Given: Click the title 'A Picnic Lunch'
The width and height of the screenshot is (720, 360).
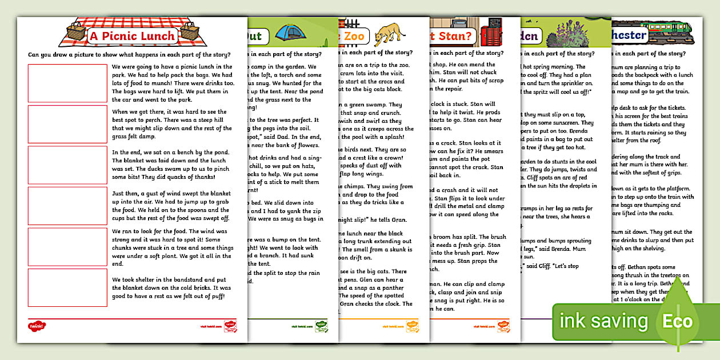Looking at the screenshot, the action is pos(132,36).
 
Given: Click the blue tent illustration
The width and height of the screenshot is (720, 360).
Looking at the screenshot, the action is pos(289,33).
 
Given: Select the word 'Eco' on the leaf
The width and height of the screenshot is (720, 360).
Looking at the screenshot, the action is pos(677,321).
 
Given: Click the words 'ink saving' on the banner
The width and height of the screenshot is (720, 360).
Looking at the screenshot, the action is pos(603,321).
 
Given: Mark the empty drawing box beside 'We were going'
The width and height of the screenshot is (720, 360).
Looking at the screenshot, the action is pos(67,83).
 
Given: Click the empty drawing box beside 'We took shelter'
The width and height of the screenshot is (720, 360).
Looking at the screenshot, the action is pos(67,287).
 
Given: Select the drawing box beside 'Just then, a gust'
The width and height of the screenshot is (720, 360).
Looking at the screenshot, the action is pos(67,206).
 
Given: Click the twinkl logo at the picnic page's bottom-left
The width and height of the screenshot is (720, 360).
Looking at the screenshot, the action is pos(36,326).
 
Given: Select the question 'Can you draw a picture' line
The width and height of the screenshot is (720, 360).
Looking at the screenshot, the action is pos(130,55).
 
